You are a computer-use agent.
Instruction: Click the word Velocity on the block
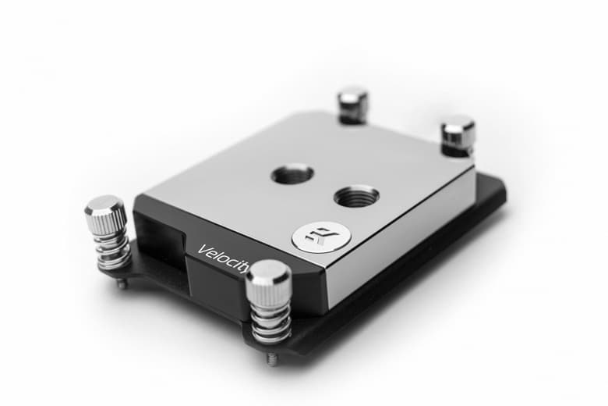tap(223, 256)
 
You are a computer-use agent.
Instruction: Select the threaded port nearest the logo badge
tap(356, 195)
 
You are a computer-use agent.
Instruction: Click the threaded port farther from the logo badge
tap(292, 173)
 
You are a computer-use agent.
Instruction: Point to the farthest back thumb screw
tap(352, 104)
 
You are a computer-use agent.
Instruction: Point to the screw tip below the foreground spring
tap(271, 359)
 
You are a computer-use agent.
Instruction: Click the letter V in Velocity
tap(202, 250)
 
